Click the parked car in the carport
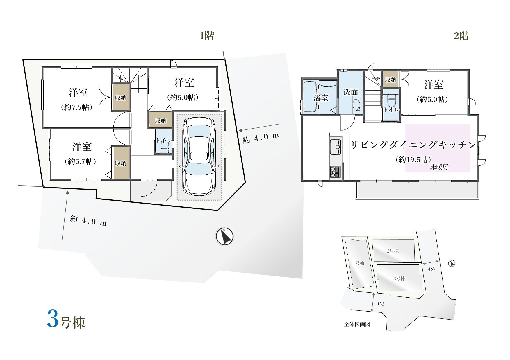pyautogui.click(x=199, y=156)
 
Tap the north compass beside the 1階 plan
pyautogui.click(x=224, y=236)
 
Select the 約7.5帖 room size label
pyautogui.click(x=77, y=107)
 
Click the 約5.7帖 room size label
pyautogui.click(x=80, y=161)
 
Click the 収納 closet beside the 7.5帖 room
pyautogui.click(x=121, y=97)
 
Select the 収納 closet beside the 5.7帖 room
pyautogui.click(x=121, y=163)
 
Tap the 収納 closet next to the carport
pyautogui.click(x=161, y=120)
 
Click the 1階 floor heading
pyautogui.click(x=207, y=36)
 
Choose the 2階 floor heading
pyautogui.click(x=461, y=36)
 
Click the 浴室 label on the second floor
pyautogui.click(x=321, y=98)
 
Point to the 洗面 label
pyautogui.click(x=350, y=92)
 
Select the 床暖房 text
pyautogui.click(x=439, y=167)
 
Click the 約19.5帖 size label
pyautogui.click(x=413, y=159)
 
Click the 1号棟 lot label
pyautogui.click(x=359, y=263)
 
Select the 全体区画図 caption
pyautogui.click(x=357, y=324)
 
